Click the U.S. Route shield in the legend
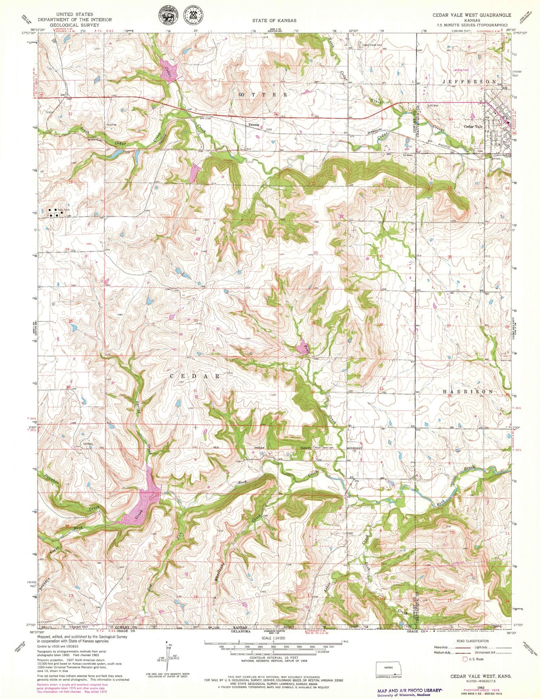pos(465,659)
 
